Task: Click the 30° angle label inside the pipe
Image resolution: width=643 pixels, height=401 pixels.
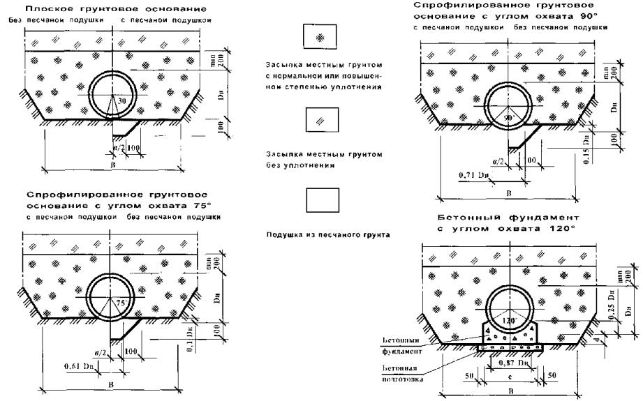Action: pyautogui.click(x=123, y=101)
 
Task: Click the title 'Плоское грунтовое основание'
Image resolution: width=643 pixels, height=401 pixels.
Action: pyautogui.click(x=103, y=9)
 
